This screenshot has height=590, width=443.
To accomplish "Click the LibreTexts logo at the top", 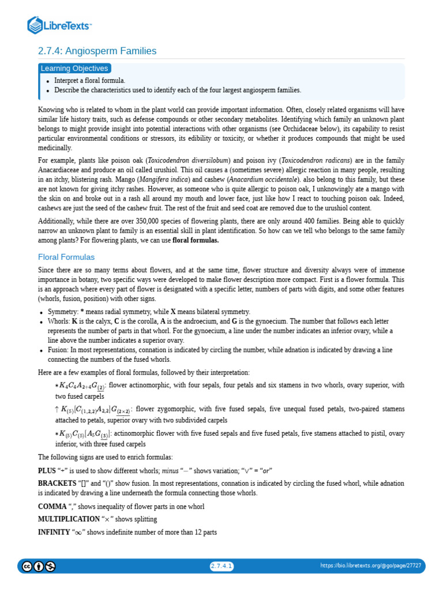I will (60, 25).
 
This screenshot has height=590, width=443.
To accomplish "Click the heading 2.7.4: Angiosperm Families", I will (97, 51).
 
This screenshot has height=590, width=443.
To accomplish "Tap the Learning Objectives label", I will (74, 69).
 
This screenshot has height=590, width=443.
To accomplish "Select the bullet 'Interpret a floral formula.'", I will (89, 81).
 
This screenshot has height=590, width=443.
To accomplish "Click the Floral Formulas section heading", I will (66, 257).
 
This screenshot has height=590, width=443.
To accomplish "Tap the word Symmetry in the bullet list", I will (62, 311).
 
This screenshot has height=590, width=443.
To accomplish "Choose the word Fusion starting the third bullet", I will (58, 350).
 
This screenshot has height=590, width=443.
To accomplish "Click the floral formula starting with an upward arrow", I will (92, 410).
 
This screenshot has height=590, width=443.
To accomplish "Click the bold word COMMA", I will (52, 506).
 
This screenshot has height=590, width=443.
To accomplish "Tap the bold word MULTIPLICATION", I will (64, 519).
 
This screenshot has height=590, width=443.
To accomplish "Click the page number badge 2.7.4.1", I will (221, 566).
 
